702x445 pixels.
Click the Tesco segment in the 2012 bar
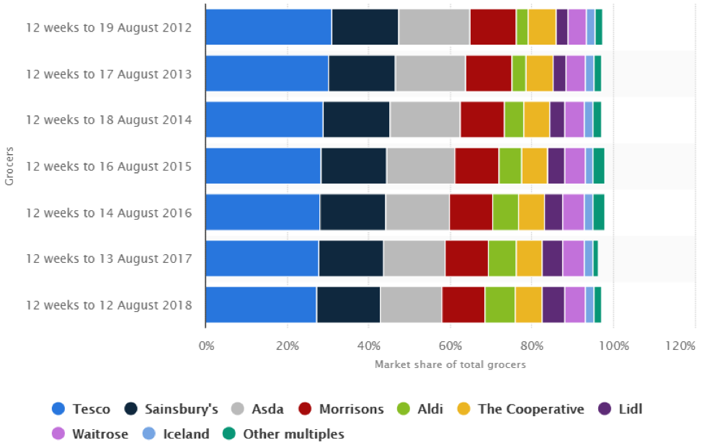[x=268, y=27]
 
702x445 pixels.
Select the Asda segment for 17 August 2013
[x=430, y=73]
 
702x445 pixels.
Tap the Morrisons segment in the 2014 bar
[x=482, y=120]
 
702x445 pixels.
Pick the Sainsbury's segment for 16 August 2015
[x=354, y=166]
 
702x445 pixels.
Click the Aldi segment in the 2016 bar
[x=505, y=212]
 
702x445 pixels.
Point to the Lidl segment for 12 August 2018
[x=553, y=305]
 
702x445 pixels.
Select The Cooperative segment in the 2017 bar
[x=529, y=259]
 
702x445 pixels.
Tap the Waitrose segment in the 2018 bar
[x=574, y=305]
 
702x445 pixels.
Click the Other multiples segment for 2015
[x=598, y=166]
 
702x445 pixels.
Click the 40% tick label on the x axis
[x=369, y=346]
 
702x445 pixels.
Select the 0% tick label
[x=206, y=346]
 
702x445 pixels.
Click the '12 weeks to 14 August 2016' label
[x=109, y=212]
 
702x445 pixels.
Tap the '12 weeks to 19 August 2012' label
[x=109, y=27]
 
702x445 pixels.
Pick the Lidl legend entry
[x=620, y=409]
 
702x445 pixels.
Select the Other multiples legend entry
[x=284, y=433]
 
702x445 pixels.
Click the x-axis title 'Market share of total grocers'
[x=450, y=364]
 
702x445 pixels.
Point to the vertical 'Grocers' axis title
[x=9, y=166]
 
